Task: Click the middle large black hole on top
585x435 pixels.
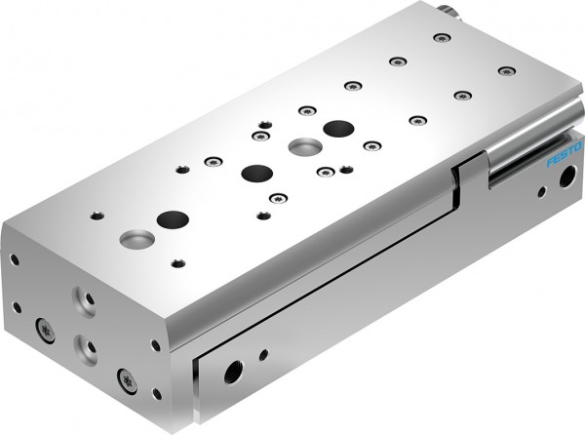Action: (256, 173)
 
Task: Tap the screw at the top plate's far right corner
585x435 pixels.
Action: (504, 70)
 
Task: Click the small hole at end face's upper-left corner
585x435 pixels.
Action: (14, 259)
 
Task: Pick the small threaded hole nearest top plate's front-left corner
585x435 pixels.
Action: (96, 216)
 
